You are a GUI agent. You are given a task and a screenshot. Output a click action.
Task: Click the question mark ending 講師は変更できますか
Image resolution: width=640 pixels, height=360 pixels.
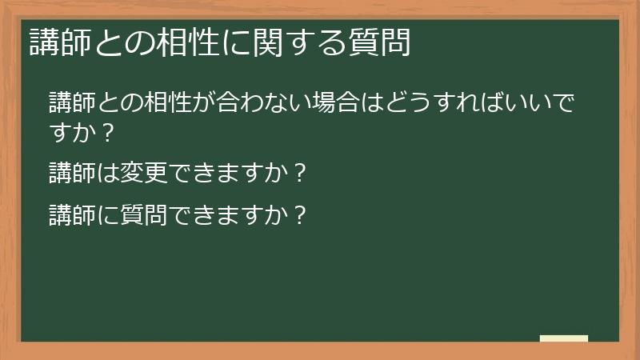300,172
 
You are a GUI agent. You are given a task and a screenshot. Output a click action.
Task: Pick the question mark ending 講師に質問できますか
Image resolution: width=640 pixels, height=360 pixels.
300,215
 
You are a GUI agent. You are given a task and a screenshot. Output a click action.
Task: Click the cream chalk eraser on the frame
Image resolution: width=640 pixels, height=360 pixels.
563,338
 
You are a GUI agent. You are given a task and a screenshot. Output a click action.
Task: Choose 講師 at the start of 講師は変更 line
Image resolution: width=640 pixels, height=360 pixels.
71,172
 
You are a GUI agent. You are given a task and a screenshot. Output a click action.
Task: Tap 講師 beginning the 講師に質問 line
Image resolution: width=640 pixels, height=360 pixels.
71,215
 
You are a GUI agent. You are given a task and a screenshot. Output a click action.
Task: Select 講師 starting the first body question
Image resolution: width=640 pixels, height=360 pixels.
71,103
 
